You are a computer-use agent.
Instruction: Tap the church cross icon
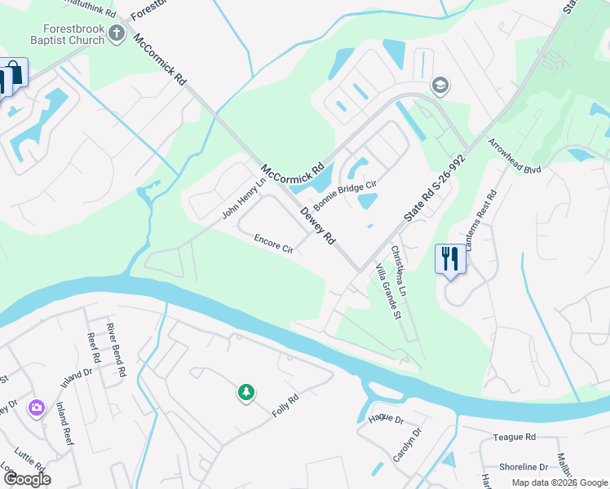[117, 33]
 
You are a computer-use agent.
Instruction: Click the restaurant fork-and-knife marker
[449, 259]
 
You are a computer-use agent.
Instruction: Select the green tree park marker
[245, 393]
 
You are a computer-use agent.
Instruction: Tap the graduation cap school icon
[440, 86]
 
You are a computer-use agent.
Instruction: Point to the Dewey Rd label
[318, 226]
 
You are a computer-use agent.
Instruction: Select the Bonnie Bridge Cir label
[346, 196]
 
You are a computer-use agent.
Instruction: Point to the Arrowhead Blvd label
[515, 156]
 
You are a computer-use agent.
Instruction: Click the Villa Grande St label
[387, 291]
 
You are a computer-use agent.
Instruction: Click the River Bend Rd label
[116, 350]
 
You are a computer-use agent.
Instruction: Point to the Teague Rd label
[514, 437]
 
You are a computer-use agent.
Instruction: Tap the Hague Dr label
[386, 419]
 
